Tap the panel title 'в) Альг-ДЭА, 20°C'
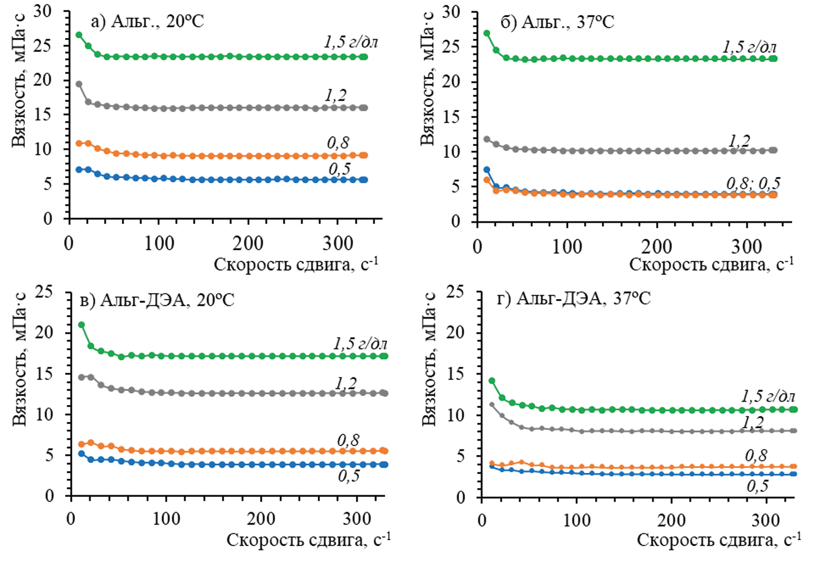pyautogui.click(x=157, y=300)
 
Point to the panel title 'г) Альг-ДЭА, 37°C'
pyautogui.click(x=574, y=298)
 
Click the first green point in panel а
pyautogui.click(x=79, y=35)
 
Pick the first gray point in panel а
pyautogui.click(x=79, y=84)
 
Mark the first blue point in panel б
pyautogui.click(x=487, y=170)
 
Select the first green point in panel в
pyautogui.click(x=81, y=325)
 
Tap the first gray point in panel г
pyautogui.click(x=492, y=405)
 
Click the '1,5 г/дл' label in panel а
pyautogui.click(x=351, y=42)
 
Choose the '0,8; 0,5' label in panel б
pyautogui.click(x=753, y=183)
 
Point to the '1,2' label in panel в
pyautogui.click(x=346, y=383)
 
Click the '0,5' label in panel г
pyautogui.click(x=757, y=486)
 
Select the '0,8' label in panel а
pyautogui.click(x=338, y=143)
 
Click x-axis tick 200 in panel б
pyautogui.click(x=657, y=247)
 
